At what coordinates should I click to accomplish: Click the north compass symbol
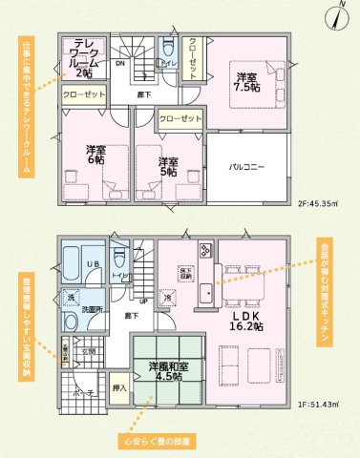[341, 13]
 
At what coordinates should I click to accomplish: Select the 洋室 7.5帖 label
[245, 81]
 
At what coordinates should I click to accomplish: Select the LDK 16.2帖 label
[246, 319]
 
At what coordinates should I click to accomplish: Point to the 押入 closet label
[118, 389]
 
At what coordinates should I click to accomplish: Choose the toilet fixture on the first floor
[119, 259]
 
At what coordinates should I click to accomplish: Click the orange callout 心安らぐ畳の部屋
[159, 441]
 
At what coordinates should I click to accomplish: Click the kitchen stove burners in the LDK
[205, 250]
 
